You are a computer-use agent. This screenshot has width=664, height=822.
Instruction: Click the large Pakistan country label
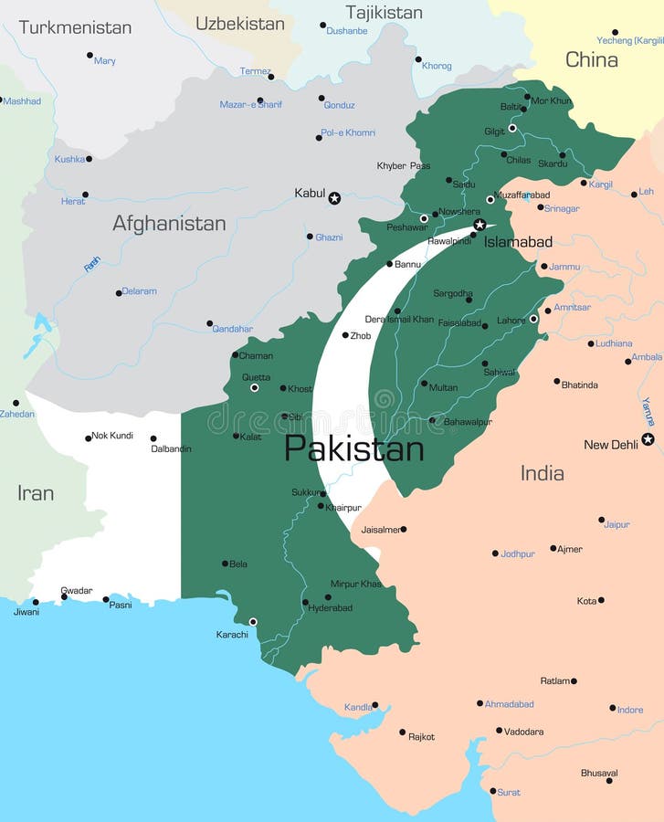353,448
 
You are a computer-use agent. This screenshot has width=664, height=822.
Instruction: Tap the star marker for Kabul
334,198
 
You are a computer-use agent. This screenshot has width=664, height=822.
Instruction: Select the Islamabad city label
518,242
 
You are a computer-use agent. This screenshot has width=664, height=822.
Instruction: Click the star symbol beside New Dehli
648,439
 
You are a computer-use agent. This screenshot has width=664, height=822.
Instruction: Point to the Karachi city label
231,635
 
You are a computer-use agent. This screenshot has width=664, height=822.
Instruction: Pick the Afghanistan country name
169,223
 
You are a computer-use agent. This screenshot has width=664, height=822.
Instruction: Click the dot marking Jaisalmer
403,529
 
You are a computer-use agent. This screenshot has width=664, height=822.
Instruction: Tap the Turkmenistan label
75,27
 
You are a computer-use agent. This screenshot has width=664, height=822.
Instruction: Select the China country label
591,60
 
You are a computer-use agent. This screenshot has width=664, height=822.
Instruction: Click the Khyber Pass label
403,166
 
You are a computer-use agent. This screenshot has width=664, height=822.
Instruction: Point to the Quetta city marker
254,388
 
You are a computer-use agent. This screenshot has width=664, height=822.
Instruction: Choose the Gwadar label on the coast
76,590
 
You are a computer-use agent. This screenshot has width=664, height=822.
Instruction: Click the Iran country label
36,493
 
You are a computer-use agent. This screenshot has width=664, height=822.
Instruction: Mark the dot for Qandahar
209,323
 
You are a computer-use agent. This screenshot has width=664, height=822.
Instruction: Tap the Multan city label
443,387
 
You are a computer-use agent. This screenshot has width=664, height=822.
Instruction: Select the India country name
542,473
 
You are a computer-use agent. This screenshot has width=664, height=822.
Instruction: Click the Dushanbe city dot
322,26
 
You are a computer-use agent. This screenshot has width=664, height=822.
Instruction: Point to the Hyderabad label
330,608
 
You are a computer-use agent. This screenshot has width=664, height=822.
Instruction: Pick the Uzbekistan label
239,24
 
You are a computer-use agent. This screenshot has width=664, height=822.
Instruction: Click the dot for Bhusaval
609,781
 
